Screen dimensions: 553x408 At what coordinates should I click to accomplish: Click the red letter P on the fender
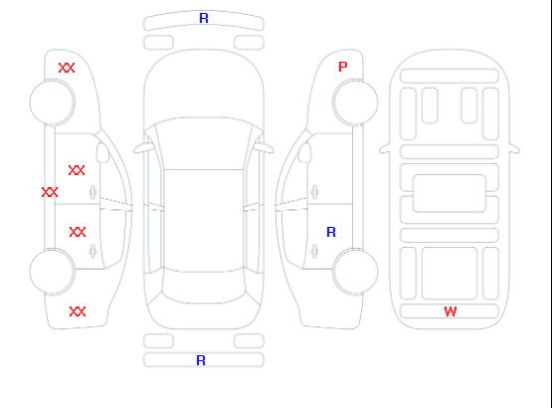[x=342, y=67]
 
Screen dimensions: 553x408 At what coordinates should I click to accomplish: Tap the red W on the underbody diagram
[x=451, y=311]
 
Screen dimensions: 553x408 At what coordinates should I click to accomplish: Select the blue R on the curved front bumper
[x=204, y=18]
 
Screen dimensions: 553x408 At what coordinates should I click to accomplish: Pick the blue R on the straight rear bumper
[x=201, y=360]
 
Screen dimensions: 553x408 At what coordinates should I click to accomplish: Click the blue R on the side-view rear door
[x=331, y=232]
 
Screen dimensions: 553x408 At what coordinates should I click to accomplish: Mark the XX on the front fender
[x=67, y=68]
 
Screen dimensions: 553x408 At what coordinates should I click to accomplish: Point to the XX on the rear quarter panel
[x=78, y=311]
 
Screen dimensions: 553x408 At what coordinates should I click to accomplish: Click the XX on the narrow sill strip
[x=50, y=192]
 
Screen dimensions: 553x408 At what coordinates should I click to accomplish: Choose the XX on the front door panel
[x=77, y=170]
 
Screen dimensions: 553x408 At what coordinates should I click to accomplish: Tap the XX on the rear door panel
[x=78, y=232]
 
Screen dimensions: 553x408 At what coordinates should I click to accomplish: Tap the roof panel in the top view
[x=204, y=221]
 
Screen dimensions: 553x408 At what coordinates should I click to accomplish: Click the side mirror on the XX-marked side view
[x=102, y=152]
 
